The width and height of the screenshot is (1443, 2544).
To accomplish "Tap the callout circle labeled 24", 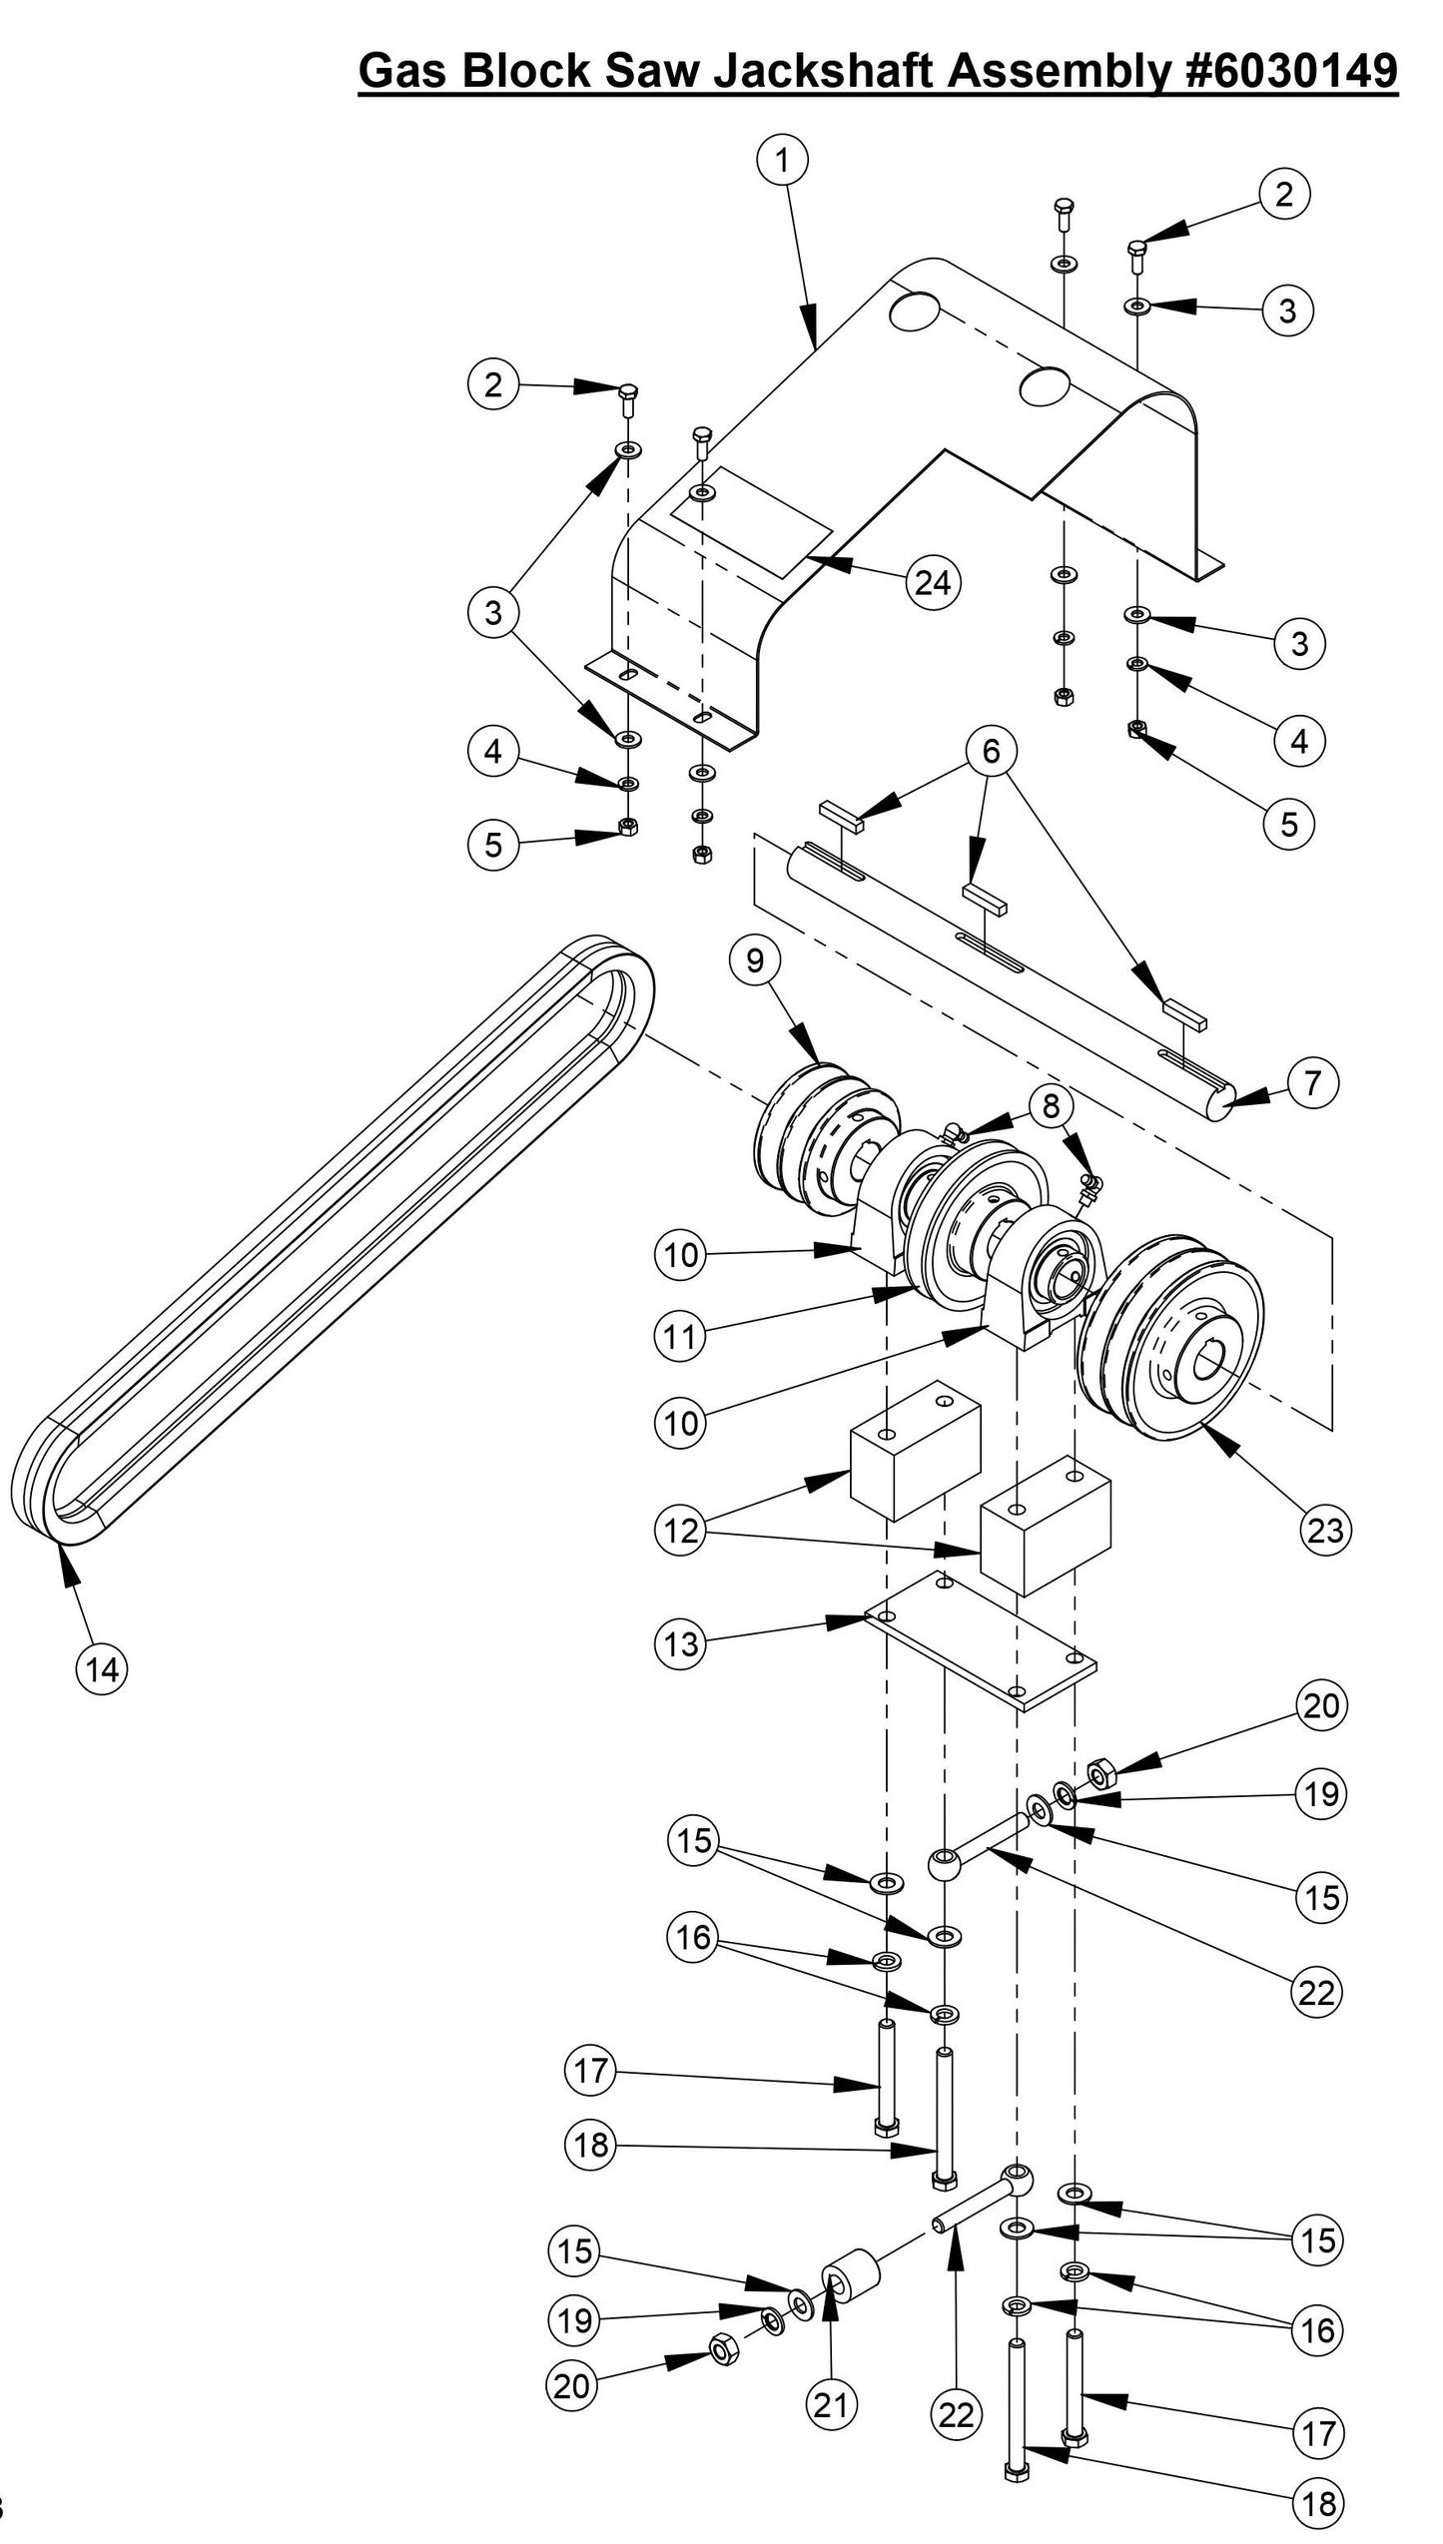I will click(932, 582).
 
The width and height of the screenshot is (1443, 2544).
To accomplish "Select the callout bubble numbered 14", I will click(103, 1668).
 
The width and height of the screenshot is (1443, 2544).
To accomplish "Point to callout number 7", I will click(1312, 1083).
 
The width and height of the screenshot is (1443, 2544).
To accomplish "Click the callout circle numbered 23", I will click(1324, 1531).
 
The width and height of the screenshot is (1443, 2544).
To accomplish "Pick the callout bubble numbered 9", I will click(754, 960).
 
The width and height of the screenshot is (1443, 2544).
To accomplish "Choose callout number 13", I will click(681, 1644).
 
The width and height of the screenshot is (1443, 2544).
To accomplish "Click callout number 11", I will click(681, 1336).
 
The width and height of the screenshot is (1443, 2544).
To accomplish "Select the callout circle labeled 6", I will click(990, 751).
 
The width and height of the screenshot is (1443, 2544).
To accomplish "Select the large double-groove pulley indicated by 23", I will click(1168, 1338).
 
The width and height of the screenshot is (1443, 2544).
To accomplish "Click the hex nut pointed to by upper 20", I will click(1100, 1774).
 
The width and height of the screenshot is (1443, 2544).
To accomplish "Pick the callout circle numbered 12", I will click(681, 1531).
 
